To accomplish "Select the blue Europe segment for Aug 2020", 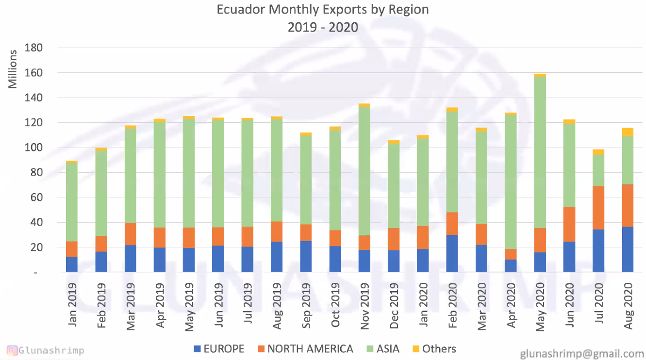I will (628, 249).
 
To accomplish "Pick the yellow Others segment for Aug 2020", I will (628, 132).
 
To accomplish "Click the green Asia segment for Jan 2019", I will (72, 202).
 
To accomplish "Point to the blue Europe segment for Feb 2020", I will (452, 253).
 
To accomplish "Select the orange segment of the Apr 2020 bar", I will (511, 254).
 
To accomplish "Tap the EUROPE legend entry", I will (218, 348).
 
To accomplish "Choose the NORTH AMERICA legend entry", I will (305, 348).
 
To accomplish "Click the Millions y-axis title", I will (13, 69).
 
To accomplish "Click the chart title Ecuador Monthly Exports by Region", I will (323, 10).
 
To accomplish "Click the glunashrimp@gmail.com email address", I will (581, 353).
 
